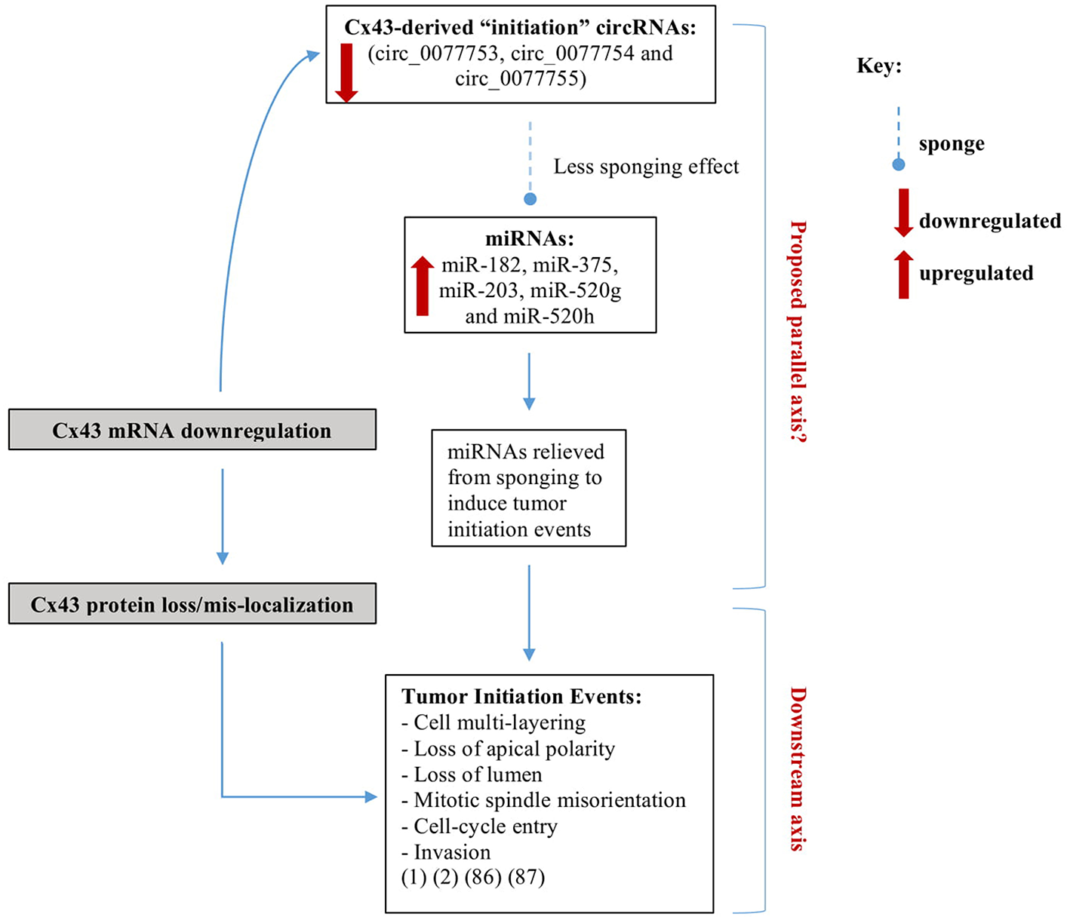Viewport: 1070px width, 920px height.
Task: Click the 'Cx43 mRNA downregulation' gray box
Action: pyautogui.click(x=192, y=430)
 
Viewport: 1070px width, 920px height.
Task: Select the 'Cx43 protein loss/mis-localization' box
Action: pyautogui.click(x=192, y=604)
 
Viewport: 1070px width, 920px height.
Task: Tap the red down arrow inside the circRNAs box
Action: pyautogui.click(x=346, y=72)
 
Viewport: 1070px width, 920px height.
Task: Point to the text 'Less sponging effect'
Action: pyautogui.click(x=646, y=167)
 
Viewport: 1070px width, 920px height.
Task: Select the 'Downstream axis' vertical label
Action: pyautogui.click(x=798, y=768)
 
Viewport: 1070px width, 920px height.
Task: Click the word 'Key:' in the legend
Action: pyautogui.click(x=879, y=66)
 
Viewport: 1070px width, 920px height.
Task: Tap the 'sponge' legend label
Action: pyautogui.click(x=951, y=143)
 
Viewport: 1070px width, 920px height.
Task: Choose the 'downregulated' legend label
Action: pyautogui.click(x=989, y=221)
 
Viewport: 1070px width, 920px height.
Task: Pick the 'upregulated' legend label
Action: pyautogui.click(x=976, y=273)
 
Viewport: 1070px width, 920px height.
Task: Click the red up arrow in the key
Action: pyautogui.click(x=903, y=274)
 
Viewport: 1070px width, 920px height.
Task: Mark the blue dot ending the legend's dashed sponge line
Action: pyautogui.click(x=898, y=164)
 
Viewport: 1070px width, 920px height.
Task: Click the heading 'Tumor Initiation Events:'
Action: pyautogui.click(x=521, y=696)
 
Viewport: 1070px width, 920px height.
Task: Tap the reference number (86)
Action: pyautogui.click(x=483, y=878)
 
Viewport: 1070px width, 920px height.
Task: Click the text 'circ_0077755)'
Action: pyautogui.click(x=521, y=79)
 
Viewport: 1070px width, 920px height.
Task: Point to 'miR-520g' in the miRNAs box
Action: pyautogui.click(x=576, y=290)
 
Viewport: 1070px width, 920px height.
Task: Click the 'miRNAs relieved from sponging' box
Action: pyautogui.click(x=528, y=489)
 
